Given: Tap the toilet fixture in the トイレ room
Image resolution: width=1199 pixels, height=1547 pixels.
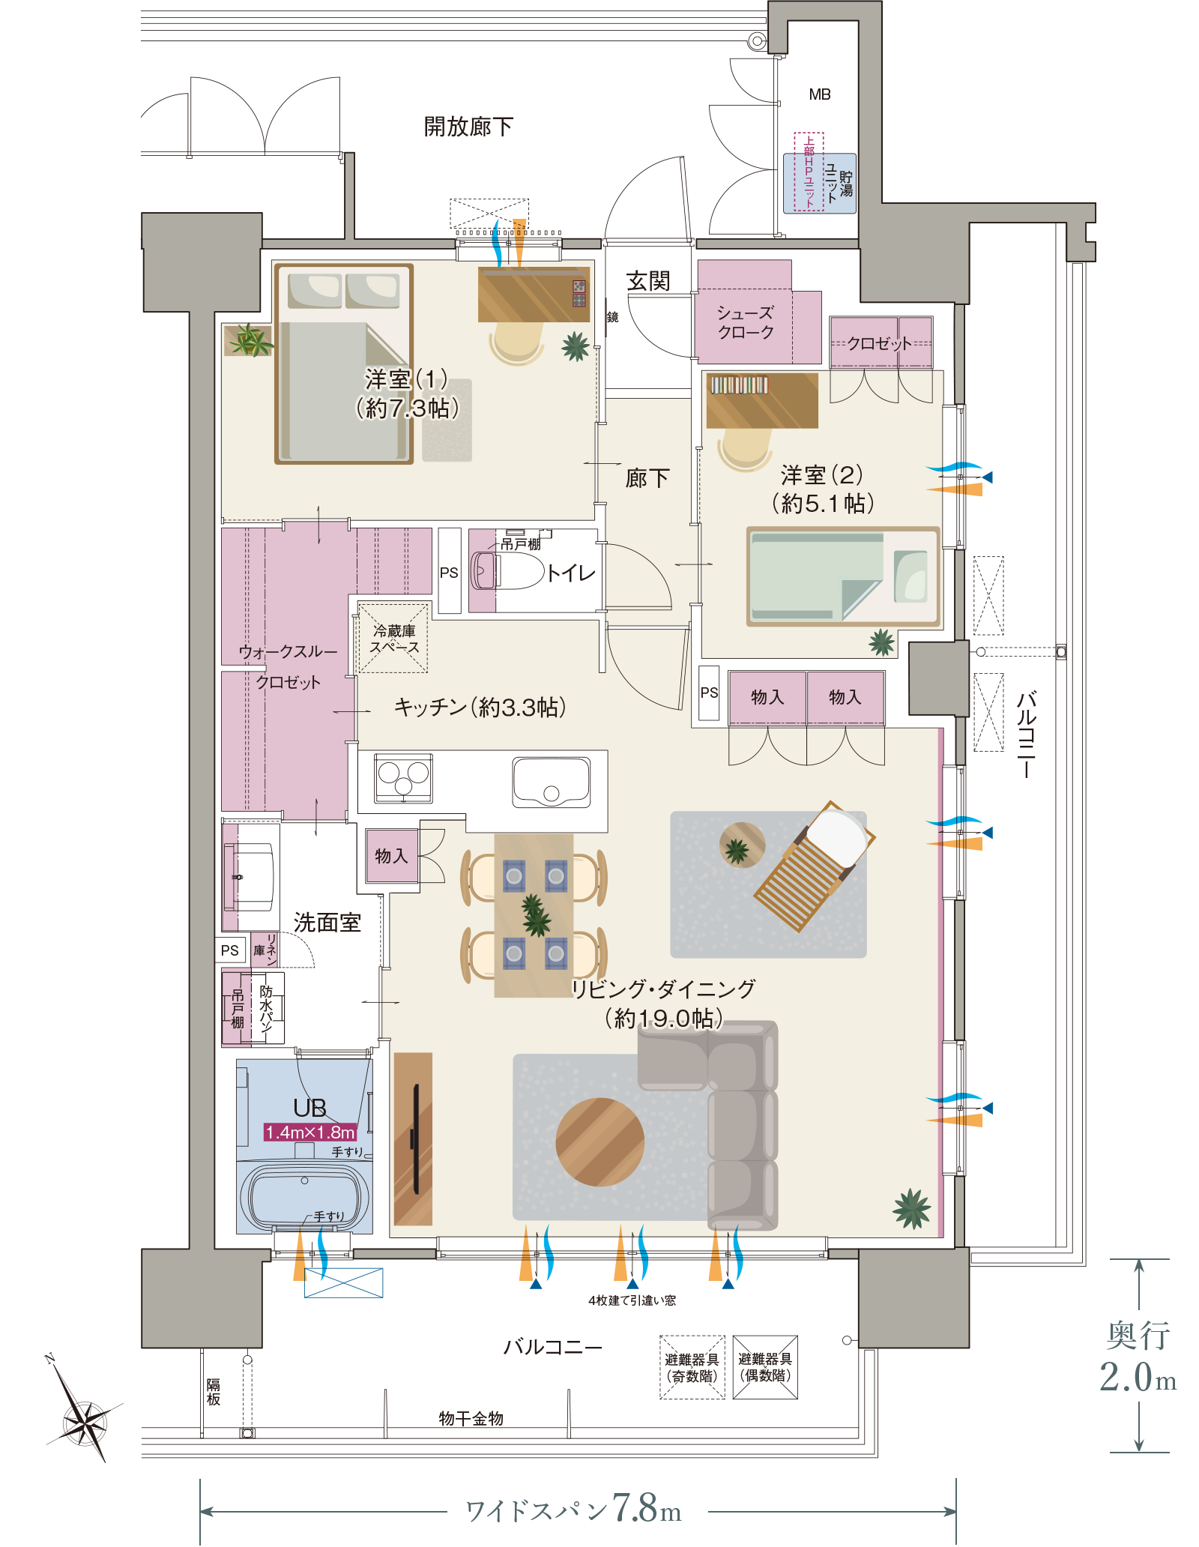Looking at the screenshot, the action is pyautogui.click(x=507, y=571).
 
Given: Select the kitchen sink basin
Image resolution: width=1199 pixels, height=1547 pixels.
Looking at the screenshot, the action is pyautogui.click(x=551, y=782).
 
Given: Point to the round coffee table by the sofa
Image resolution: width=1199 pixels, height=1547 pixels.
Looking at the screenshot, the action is pyautogui.click(x=599, y=1142).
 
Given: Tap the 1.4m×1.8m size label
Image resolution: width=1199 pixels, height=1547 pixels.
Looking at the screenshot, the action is pyautogui.click(x=310, y=1132).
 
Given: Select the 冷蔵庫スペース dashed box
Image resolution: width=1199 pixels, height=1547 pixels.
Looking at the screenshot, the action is pyautogui.click(x=393, y=638).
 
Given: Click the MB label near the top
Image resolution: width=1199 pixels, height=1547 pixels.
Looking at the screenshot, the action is pyautogui.click(x=820, y=94).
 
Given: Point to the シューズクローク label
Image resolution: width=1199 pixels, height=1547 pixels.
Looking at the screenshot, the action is pyautogui.click(x=745, y=322).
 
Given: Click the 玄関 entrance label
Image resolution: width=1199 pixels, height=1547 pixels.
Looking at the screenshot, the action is pyautogui.click(x=648, y=281).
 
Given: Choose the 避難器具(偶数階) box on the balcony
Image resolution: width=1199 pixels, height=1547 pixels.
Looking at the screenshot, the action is pyautogui.click(x=765, y=1367).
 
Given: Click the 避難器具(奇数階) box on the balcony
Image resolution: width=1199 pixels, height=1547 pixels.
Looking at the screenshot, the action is pyautogui.click(x=692, y=1367).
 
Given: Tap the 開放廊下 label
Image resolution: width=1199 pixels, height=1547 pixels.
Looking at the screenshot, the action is pyautogui.click(x=468, y=127).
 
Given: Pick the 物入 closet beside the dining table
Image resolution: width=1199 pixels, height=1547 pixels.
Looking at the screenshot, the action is pyautogui.click(x=391, y=855).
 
